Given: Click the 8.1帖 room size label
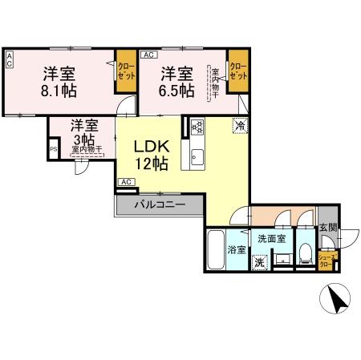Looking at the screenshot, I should click(59, 90).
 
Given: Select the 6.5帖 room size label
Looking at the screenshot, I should click(176, 90).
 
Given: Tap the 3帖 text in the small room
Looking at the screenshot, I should click(83, 139).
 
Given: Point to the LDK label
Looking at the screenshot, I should click(150, 148).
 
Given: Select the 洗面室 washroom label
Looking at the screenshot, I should click(270, 239).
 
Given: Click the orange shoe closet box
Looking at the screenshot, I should click(327, 260).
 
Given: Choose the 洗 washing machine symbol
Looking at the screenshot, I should click(260, 261).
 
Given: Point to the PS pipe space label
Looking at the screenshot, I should click(54, 149).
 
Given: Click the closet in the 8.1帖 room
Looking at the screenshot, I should click(126, 71).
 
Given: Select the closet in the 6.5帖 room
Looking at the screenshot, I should click(237, 71).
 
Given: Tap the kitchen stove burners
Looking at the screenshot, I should click(198, 126).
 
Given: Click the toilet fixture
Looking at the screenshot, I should click(305, 255).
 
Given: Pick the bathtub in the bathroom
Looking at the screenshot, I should click(217, 252).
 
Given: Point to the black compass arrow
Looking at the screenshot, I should click(338, 302).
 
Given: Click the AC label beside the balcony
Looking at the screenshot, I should click(125, 183).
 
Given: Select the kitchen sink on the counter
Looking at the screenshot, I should click(197, 154).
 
